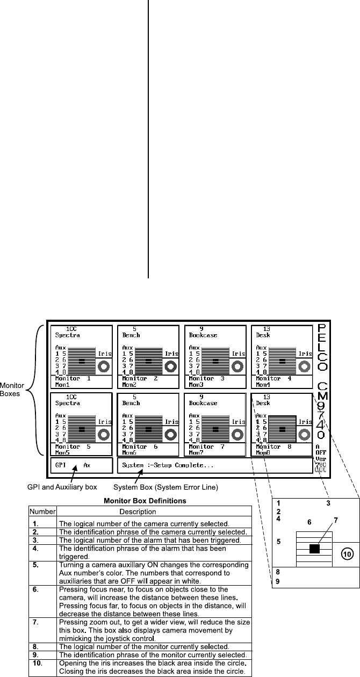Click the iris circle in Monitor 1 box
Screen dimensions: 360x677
point(104,366)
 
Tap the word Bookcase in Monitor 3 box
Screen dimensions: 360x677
point(203,335)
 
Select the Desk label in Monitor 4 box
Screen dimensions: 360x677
point(263,335)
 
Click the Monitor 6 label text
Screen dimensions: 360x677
point(140,446)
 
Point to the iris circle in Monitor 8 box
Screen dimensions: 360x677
point(305,434)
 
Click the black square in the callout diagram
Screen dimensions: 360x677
point(314,549)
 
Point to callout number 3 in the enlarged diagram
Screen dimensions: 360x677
point(327,503)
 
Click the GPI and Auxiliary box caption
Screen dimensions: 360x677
point(62,487)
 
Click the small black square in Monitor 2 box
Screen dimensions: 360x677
point(149,362)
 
